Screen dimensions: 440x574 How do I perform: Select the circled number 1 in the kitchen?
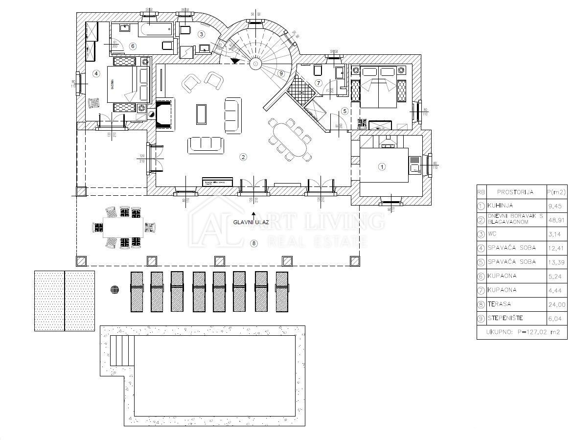pyautogui.click(x=382, y=167)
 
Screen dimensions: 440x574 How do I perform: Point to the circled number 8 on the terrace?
pyautogui.click(x=253, y=243)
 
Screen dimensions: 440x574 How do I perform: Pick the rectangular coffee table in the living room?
pyautogui.click(x=201, y=114)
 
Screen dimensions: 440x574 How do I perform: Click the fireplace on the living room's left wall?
pyautogui.click(x=164, y=114)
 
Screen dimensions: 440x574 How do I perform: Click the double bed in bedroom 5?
pyautogui.click(x=380, y=88)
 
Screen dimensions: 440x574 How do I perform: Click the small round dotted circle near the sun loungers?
pyautogui.click(x=115, y=289)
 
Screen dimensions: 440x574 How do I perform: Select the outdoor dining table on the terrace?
pyautogui.click(x=123, y=227)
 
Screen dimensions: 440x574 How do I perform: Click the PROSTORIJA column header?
pyautogui.click(x=515, y=192)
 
